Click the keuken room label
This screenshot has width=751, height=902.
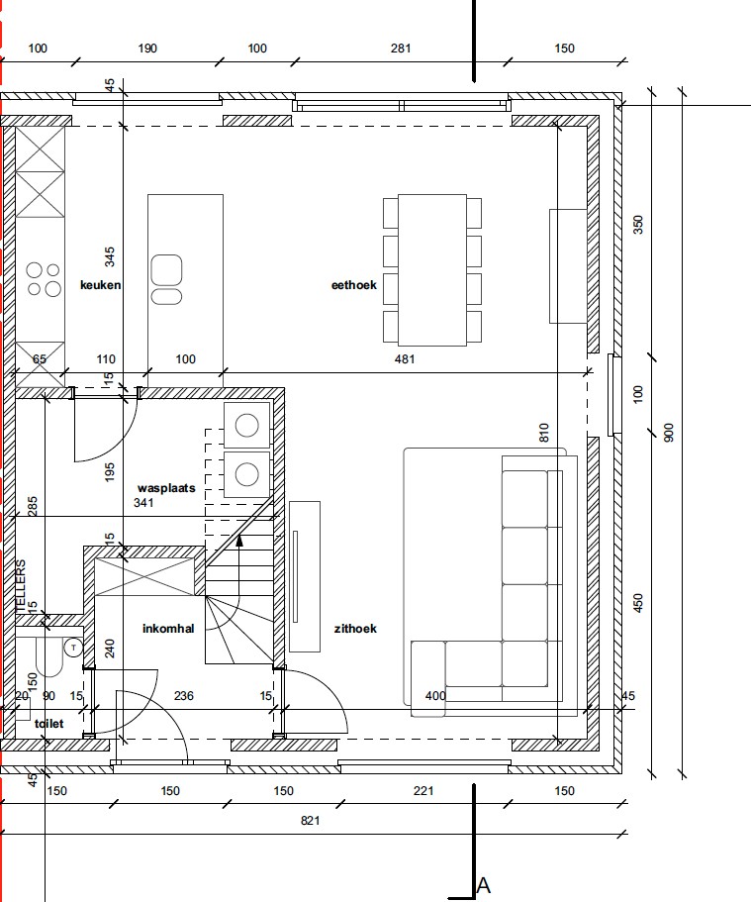click(x=101, y=285)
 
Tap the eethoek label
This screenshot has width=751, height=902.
click(x=353, y=285)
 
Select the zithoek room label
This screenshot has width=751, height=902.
click(x=355, y=628)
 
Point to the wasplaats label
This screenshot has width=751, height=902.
click(x=166, y=488)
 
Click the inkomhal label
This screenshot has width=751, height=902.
click(x=168, y=628)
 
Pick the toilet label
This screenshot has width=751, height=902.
click(x=48, y=723)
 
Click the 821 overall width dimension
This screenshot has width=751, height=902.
click(x=310, y=820)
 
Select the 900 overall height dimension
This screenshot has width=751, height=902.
click(x=668, y=433)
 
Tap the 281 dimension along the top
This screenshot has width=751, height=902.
click(x=400, y=49)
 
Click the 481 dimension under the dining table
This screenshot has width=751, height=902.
click(x=405, y=359)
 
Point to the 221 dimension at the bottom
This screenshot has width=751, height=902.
click(x=423, y=791)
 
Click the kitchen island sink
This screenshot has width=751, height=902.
click(x=166, y=279)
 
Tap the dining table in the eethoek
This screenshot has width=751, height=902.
click(x=431, y=269)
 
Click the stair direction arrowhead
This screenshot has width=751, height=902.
click(x=239, y=540)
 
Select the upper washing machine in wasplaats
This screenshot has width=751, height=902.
click(x=246, y=425)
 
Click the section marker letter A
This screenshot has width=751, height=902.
click(x=483, y=885)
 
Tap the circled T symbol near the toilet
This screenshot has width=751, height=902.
click(x=73, y=648)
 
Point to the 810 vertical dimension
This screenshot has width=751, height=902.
click(x=544, y=433)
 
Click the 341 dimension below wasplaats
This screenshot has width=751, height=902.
click(x=143, y=502)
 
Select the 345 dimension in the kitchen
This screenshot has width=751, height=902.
click(x=109, y=256)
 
